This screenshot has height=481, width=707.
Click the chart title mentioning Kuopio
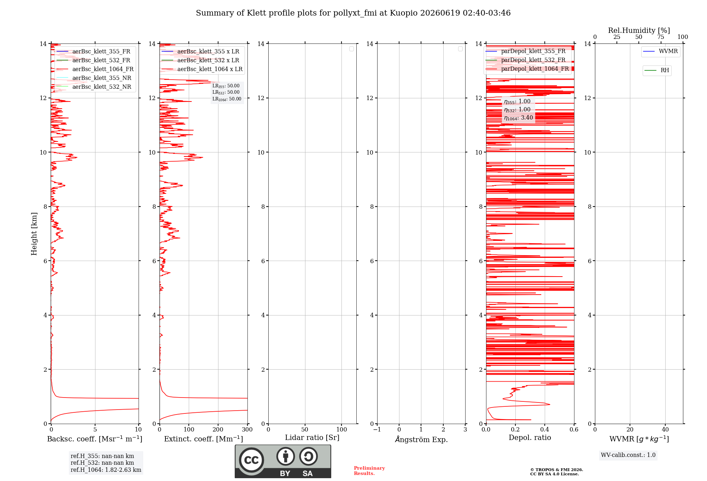(x=353, y=13)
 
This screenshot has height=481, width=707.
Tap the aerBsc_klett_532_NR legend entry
(x=94, y=87)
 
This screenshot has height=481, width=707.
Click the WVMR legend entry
(x=661, y=51)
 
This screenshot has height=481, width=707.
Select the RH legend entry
(x=657, y=70)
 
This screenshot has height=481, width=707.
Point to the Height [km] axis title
(x=34, y=234)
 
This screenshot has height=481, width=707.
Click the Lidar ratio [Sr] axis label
(x=312, y=438)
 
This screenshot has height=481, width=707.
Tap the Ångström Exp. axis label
(x=421, y=439)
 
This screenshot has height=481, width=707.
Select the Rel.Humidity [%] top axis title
(x=639, y=30)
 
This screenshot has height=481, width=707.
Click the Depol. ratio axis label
(x=530, y=438)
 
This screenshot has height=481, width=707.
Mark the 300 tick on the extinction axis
(x=247, y=429)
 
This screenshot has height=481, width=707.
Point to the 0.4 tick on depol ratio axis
(x=545, y=429)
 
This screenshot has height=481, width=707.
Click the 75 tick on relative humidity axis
(x=661, y=37)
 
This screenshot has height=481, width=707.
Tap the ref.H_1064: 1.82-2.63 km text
(x=106, y=470)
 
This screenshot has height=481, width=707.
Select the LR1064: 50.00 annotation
(x=227, y=99)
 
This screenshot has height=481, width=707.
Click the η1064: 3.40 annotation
(x=519, y=118)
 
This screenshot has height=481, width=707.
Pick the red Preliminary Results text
(x=369, y=471)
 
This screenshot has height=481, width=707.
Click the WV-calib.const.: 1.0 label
(x=628, y=455)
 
